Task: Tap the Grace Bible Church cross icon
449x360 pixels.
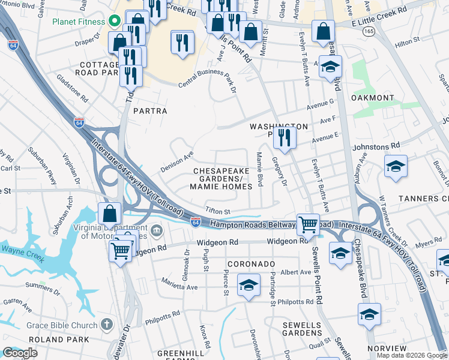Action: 106,325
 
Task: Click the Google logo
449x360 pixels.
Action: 20,353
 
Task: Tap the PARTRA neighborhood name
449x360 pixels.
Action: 149,111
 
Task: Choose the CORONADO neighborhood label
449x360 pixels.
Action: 251,264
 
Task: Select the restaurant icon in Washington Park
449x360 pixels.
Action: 284,137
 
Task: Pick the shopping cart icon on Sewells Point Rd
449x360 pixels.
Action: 308,224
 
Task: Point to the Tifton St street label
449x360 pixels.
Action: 218,211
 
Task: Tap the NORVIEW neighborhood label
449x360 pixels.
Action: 387,349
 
